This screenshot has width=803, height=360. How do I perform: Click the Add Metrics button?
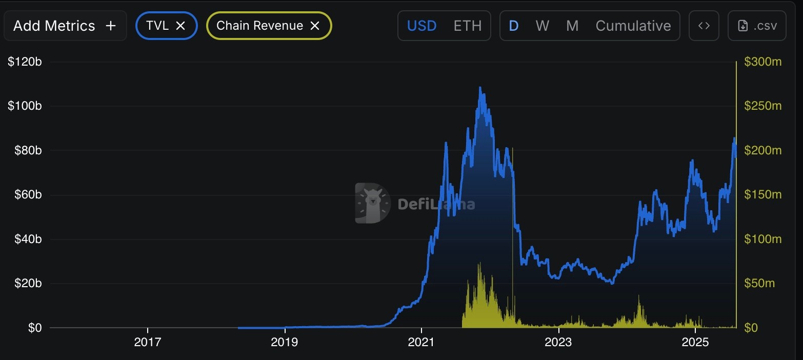tap(65, 26)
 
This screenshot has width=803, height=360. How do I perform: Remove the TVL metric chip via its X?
tap(180, 26)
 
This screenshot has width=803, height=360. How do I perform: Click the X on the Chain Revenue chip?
tap(315, 26)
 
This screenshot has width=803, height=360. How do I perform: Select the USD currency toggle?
tap(421, 26)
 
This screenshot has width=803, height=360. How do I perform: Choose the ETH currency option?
tap(467, 26)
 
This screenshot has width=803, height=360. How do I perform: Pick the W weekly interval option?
tap(542, 26)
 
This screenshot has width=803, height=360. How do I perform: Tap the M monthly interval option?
tap(572, 26)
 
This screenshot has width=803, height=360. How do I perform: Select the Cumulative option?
tap(633, 26)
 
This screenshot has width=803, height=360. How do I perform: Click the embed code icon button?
tap(704, 26)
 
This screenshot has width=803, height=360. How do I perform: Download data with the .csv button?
tap(757, 26)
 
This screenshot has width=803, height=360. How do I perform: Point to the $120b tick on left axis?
tap(25, 62)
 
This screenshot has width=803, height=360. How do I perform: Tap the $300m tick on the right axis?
tap(762, 62)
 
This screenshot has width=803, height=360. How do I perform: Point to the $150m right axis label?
tap(762, 195)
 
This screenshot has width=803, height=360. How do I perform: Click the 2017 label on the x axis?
tap(147, 342)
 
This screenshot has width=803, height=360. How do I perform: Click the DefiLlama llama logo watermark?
tap(372, 203)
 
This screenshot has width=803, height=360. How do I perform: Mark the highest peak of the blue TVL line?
tap(480, 88)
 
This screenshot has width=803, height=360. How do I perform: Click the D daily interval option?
tap(513, 26)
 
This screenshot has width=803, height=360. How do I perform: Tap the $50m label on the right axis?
tap(759, 284)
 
